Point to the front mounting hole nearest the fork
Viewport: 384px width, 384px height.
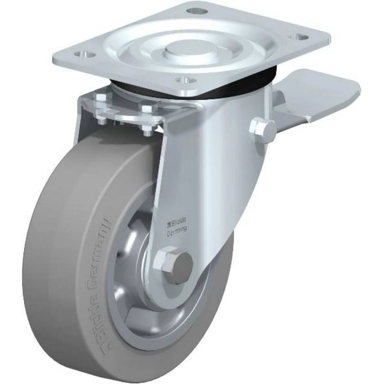186,81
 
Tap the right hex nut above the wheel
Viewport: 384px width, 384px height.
148,109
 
